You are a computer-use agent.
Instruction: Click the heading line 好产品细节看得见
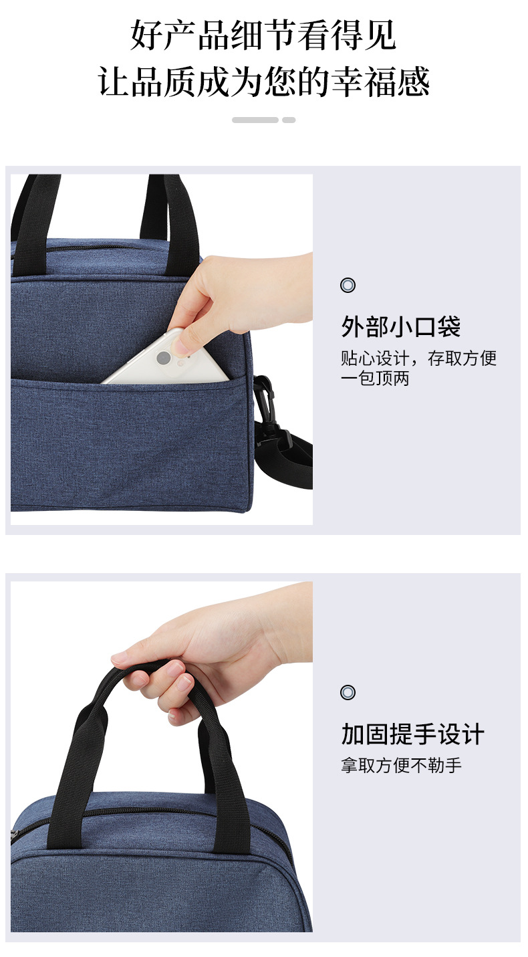[x=263, y=35]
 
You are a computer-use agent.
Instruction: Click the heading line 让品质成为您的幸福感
[x=263, y=82]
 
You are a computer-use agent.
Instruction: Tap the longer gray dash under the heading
[x=255, y=120]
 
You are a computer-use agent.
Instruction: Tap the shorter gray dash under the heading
[x=289, y=120]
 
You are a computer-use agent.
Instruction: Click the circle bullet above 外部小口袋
[x=348, y=286]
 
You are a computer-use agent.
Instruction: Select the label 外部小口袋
[x=400, y=327]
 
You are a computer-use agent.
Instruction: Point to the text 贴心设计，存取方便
[x=418, y=358]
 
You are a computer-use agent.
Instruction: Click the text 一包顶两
[x=375, y=379]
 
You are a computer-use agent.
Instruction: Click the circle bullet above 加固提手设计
[x=348, y=692]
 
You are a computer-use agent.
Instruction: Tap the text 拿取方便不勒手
[x=401, y=765]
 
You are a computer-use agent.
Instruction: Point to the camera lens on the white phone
[x=162, y=358]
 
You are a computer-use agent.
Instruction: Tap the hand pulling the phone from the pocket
[x=247, y=294]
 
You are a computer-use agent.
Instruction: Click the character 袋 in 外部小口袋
[x=448, y=327]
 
